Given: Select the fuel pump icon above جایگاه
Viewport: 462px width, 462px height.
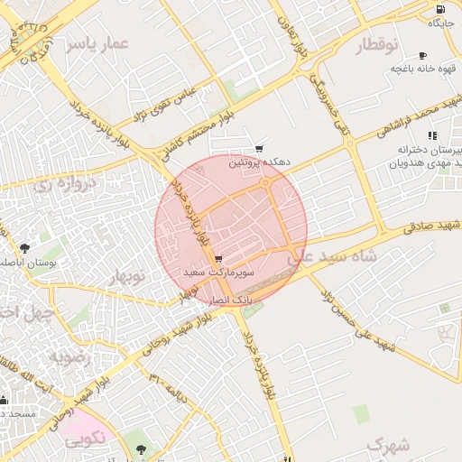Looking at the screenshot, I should [x=439, y=8].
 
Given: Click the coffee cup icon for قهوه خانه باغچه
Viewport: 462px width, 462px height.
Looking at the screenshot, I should [x=423, y=56].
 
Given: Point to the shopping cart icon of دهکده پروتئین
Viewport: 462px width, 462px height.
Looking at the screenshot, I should [x=260, y=149].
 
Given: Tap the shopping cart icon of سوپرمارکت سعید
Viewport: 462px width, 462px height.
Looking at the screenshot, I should [x=219, y=259].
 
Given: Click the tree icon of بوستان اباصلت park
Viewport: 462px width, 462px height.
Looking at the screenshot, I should [x=24, y=247].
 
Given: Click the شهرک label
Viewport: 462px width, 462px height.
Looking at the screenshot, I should [x=388, y=445].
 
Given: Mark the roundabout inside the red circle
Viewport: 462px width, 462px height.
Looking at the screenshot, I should [x=266, y=183].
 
